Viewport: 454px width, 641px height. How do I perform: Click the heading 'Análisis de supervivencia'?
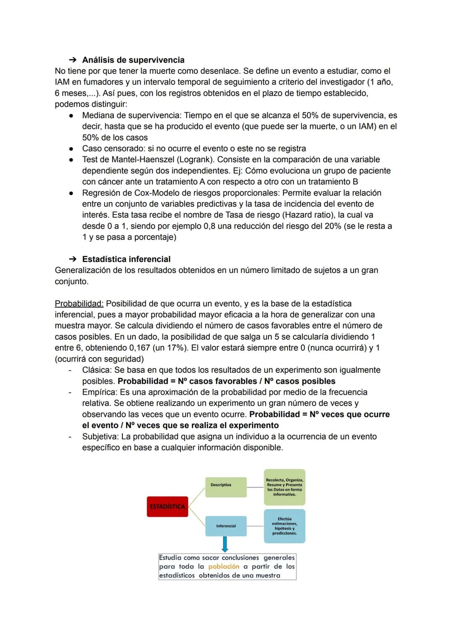(x=133, y=60)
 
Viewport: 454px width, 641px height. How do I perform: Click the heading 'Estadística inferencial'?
(x=126, y=259)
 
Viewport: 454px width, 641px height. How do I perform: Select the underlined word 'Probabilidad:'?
(x=79, y=303)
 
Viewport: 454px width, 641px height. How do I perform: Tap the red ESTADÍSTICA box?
(x=167, y=506)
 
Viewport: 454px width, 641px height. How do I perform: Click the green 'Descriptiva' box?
(x=226, y=487)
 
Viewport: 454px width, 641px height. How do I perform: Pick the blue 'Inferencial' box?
(x=226, y=526)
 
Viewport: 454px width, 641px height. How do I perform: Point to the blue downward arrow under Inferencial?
(x=225, y=544)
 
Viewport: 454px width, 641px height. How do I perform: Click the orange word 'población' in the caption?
(x=224, y=567)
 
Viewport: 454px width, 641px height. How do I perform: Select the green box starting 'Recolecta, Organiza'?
(x=285, y=487)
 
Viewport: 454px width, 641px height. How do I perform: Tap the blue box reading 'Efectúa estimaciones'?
(x=285, y=526)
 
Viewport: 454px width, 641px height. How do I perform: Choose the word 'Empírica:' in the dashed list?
(x=100, y=392)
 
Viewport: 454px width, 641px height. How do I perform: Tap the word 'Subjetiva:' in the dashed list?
(x=100, y=436)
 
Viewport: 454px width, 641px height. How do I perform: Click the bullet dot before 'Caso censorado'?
(x=71, y=149)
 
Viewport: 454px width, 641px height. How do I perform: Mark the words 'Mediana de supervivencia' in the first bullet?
(x=131, y=116)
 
